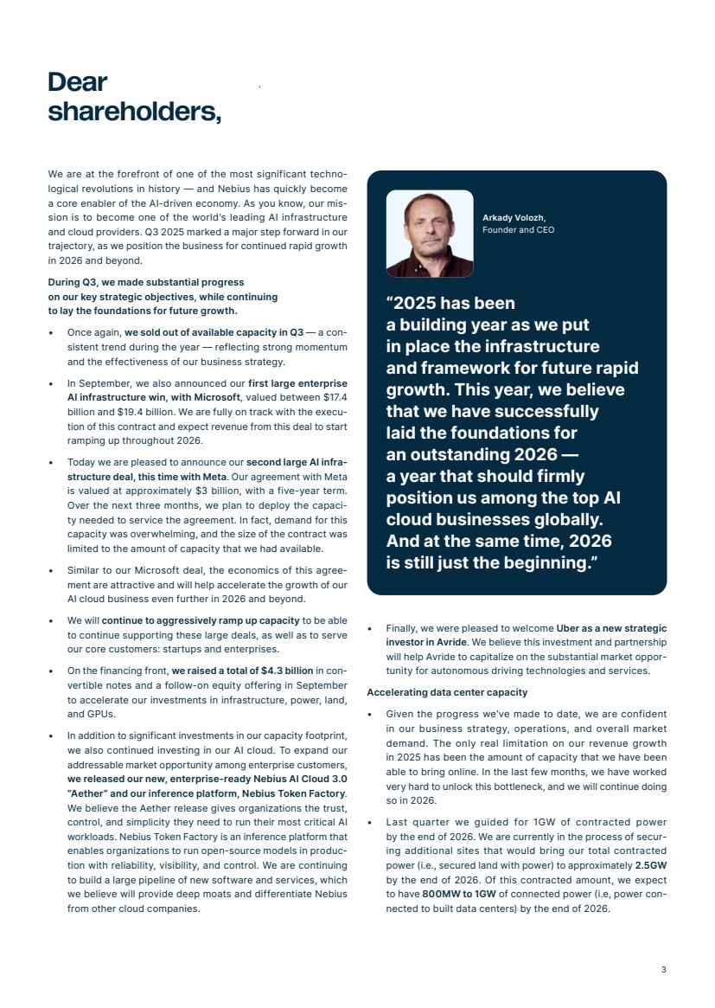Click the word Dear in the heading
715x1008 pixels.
(x=78, y=82)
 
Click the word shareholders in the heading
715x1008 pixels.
(x=134, y=112)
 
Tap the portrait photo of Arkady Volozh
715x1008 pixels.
(x=429, y=234)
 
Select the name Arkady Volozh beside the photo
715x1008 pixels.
(x=514, y=217)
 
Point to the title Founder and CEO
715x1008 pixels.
(x=518, y=230)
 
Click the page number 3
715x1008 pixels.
(x=663, y=969)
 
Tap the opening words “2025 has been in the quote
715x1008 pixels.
(x=450, y=304)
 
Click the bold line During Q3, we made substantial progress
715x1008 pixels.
(x=146, y=282)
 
